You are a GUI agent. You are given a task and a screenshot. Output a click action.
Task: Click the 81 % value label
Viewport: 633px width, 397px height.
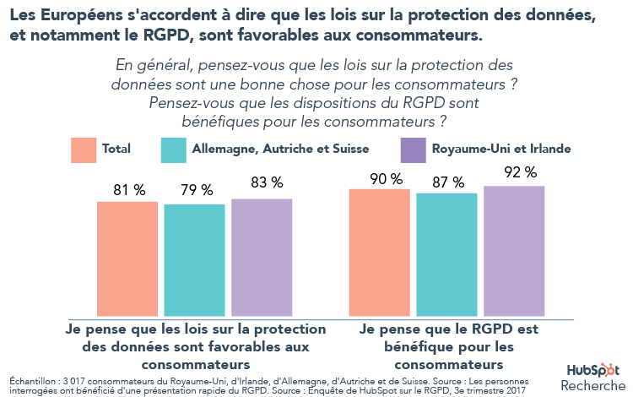tap(127, 189)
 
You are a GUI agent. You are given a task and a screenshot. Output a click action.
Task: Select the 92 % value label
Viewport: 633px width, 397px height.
tap(515, 172)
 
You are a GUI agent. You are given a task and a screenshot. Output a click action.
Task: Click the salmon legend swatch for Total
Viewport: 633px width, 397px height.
tap(84, 150)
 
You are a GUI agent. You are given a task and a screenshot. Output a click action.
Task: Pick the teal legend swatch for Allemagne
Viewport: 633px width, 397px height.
tap(172, 150)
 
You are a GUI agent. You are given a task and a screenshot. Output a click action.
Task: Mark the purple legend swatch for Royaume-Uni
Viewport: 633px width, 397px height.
tap(412, 150)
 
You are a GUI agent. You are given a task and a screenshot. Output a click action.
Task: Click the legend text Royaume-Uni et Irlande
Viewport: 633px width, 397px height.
tap(501, 149)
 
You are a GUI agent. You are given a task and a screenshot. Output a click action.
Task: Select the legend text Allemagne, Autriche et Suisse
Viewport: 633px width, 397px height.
tap(281, 149)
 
